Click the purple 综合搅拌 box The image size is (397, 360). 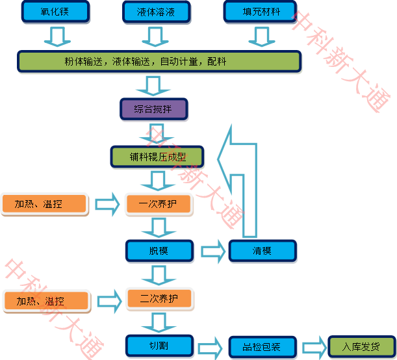click(x=154, y=109)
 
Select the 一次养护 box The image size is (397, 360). click(x=159, y=204)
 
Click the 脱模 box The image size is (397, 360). click(x=159, y=251)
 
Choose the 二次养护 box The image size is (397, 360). click(x=159, y=299)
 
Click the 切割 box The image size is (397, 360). click(x=159, y=346)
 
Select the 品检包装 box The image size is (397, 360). click(x=263, y=347)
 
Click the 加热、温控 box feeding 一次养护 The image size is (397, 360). click(x=44, y=204)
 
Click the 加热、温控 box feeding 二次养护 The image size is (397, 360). click(x=45, y=302)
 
